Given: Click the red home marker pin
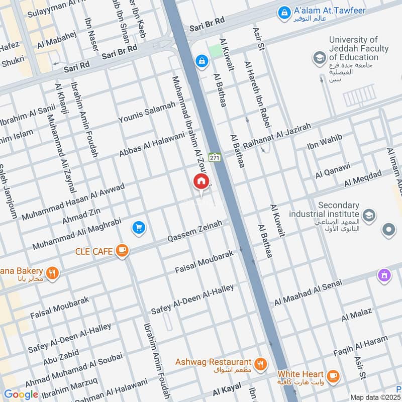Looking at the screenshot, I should pyautogui.click(x=201, y=181).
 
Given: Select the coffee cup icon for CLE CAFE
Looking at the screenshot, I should pyautogui.click(x=121, y=250).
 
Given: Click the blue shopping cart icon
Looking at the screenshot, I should pyautogui.click(x=139, y=228).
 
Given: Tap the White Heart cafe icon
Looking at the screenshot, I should pyautogui.click(x=332, y=375).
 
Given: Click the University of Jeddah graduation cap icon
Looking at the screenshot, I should pyautogui.click(x=319, y=58).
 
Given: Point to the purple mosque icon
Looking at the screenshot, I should pyautogui.click(x=384, y=275).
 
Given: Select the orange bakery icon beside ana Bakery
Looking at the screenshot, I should pyautogui.click(x=52, y=273).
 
